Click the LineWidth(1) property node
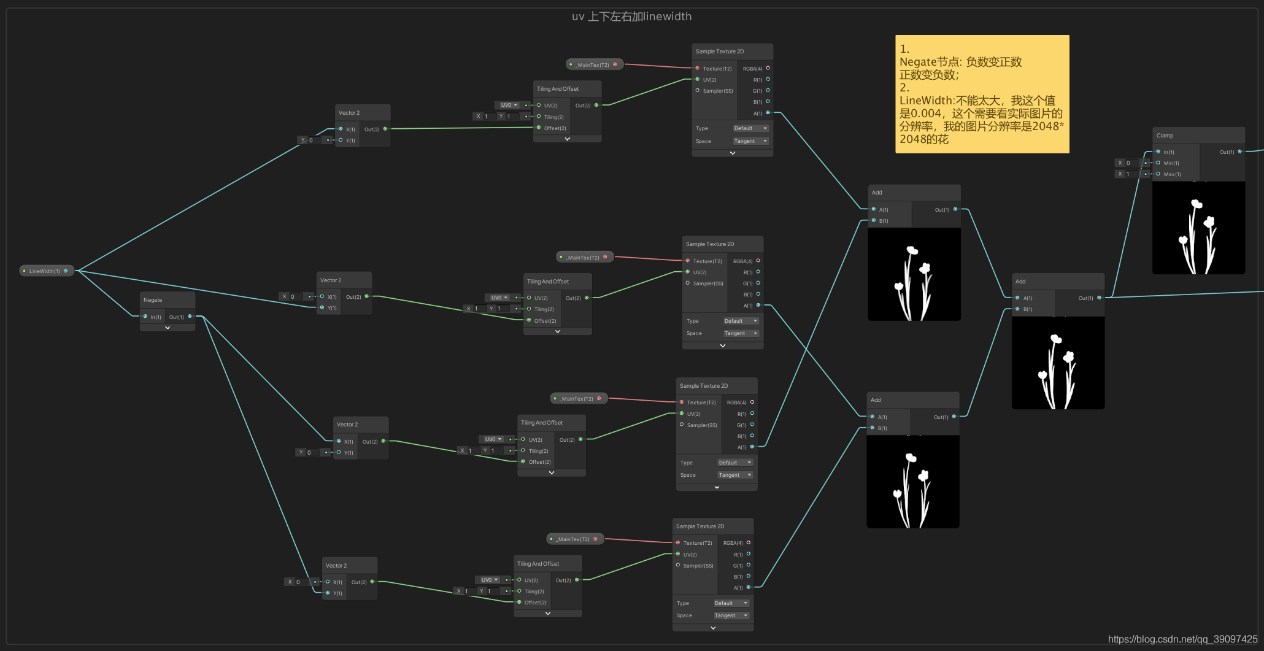tap(45, 271)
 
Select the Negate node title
tap(153, 300)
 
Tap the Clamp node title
tap(1165, 136)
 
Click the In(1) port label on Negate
tap(156, 317)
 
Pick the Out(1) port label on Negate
tap(177, 317)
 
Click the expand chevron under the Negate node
tap(168, 328)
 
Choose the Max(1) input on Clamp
tap(1172, 174)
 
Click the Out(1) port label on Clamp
tap(1227, 152)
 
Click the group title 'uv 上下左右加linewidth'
tap(631, 17)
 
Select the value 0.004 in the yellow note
tap(926, 114)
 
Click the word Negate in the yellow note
tap(918, 62)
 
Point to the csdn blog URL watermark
tap(1182, 639)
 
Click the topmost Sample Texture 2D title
tap(720, 52)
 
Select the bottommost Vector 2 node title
tap(336, 566)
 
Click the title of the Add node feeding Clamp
tap(1020, 282)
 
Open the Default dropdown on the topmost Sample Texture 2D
tap(750, 128)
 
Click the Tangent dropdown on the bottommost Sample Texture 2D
tap(731, 615)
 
